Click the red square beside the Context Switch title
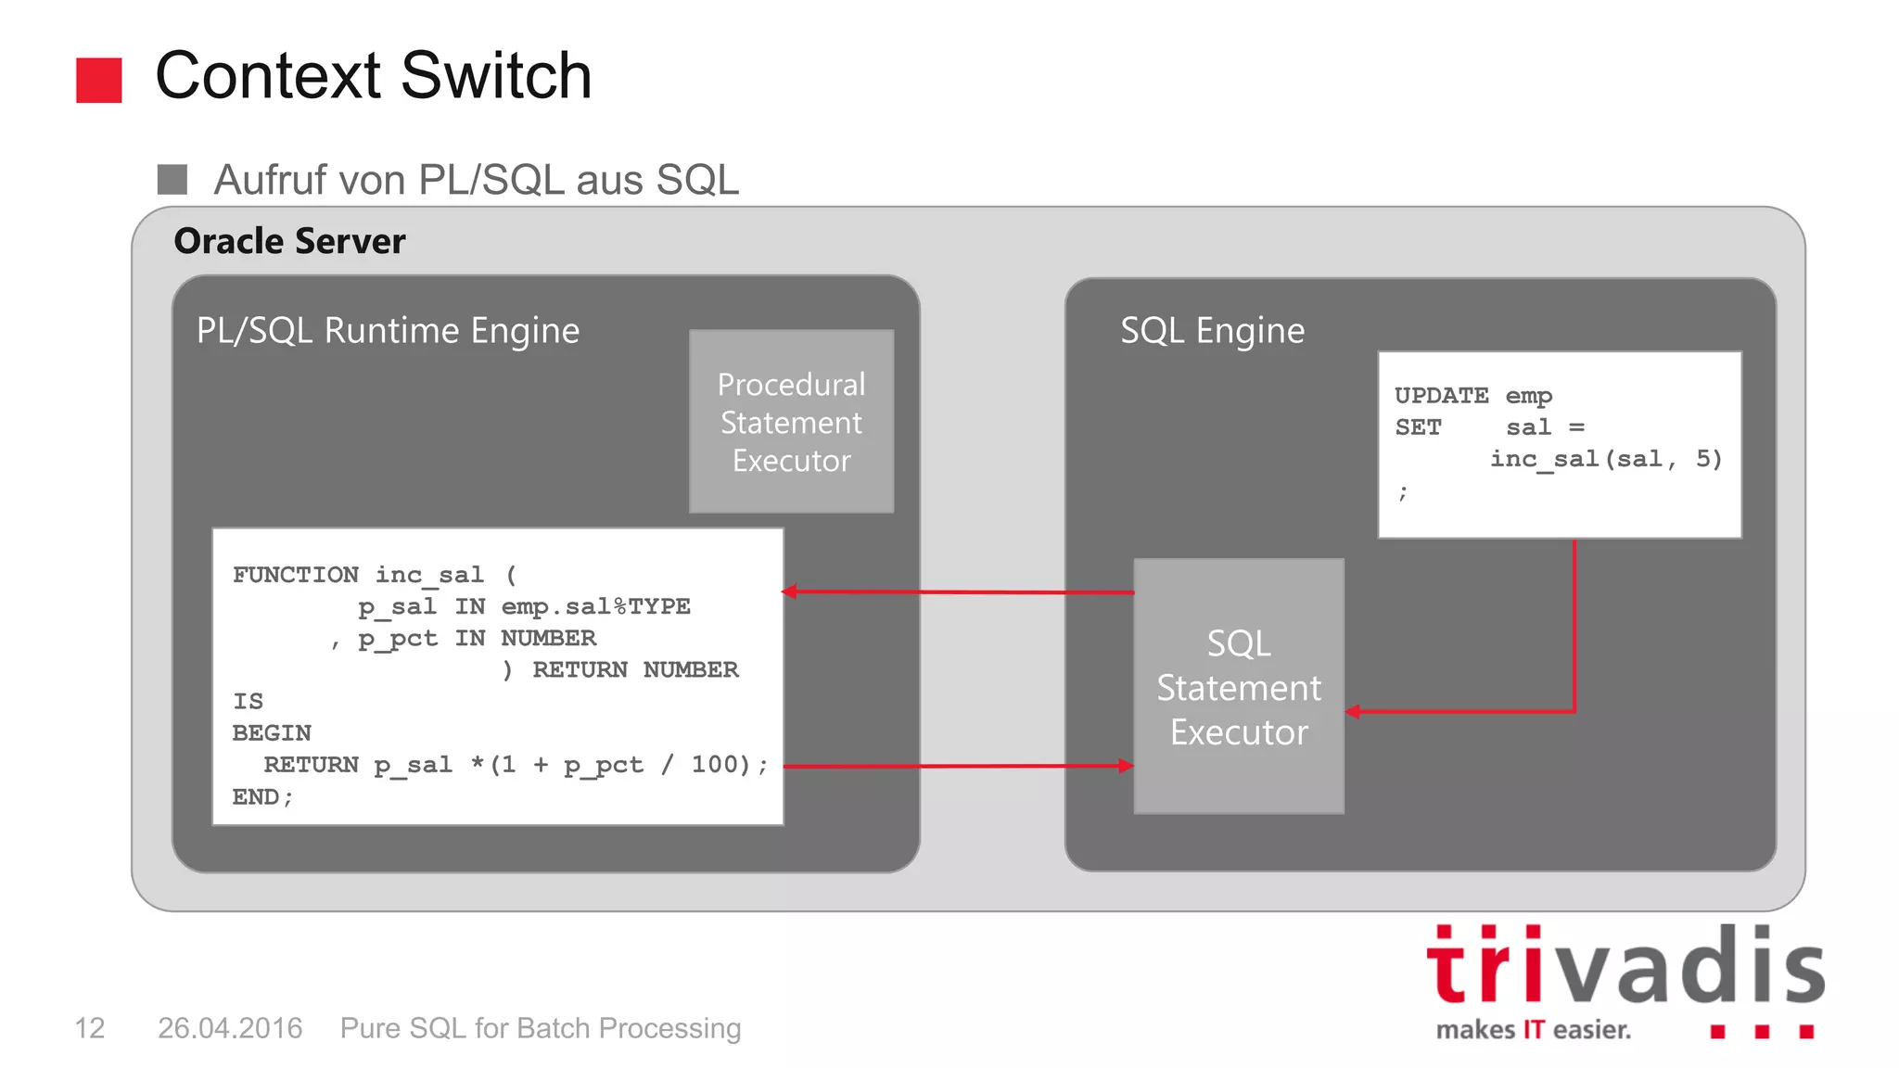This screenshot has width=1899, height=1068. click(98, 80)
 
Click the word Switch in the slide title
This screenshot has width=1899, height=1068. click(496, 76)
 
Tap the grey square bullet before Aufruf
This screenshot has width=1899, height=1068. click(172, 179)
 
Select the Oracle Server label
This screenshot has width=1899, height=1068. click(289, 241)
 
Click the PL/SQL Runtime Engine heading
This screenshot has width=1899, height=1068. click(388, 331)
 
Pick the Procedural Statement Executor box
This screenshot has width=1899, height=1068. click(791, 422)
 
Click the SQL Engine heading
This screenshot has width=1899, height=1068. click(1212, 331)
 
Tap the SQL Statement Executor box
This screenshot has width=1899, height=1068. click(1239, 687)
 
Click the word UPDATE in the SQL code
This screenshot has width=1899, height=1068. click(1441, 396)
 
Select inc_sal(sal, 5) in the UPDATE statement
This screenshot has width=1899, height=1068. click(1605, 459)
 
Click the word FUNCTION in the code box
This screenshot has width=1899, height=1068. click(295, 575)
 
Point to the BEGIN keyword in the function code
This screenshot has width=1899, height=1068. click(272, 733)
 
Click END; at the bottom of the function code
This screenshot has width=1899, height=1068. click(262, 797)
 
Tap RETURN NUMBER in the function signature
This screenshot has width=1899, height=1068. click(635, 670)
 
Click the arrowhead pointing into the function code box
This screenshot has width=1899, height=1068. click(790, 591)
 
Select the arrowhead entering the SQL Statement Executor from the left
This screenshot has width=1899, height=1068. click(1126, 766)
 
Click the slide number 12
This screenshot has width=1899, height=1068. click(89, 1028)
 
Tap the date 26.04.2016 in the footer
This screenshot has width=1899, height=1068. click(230, 1028)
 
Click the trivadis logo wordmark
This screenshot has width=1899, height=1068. click(1625, 967)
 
